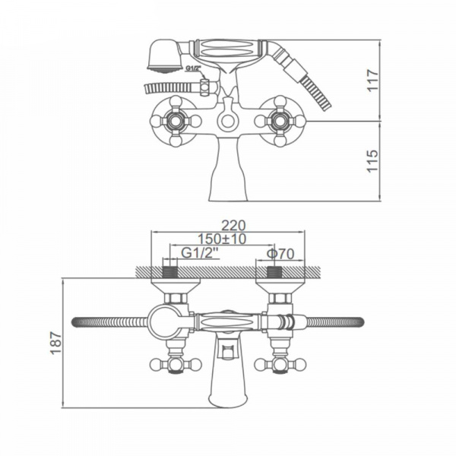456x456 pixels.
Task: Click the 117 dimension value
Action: coord(373,81)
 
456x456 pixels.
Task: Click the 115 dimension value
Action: coord(373,161)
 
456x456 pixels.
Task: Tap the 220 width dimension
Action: coord(233,226)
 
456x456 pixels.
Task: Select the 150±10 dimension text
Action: coord(222,239)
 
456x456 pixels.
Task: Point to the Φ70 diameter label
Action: coord(280,254)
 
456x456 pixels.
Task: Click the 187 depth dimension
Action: coord(55,343)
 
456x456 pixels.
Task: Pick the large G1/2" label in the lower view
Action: coord(200,253)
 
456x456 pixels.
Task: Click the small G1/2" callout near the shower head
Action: coord(193,68)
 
